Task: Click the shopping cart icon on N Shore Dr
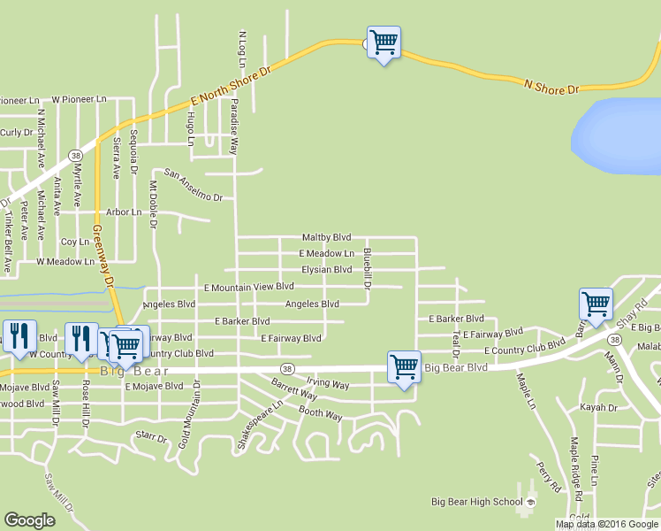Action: pyautogui.click(x=384, y=42)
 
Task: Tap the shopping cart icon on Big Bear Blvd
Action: pyautogui.click(x=404, y=365)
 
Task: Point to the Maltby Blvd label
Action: pyautogui.click(x=326, y=237)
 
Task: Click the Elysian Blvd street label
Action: pyautogui.click(x=326, y=270)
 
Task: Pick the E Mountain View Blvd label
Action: pyautogui.click(x=248, y=287)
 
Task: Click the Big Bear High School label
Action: pyautogui.click(x=476, y=502)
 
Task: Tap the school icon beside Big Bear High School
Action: pyautogui.click(x=531, y=502)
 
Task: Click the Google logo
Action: pyautogui.click(x=29, y=520)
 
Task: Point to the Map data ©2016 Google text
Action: pyautogui.click(x=606, y=524)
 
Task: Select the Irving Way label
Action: pyautogui.click(x=328, y=385)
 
